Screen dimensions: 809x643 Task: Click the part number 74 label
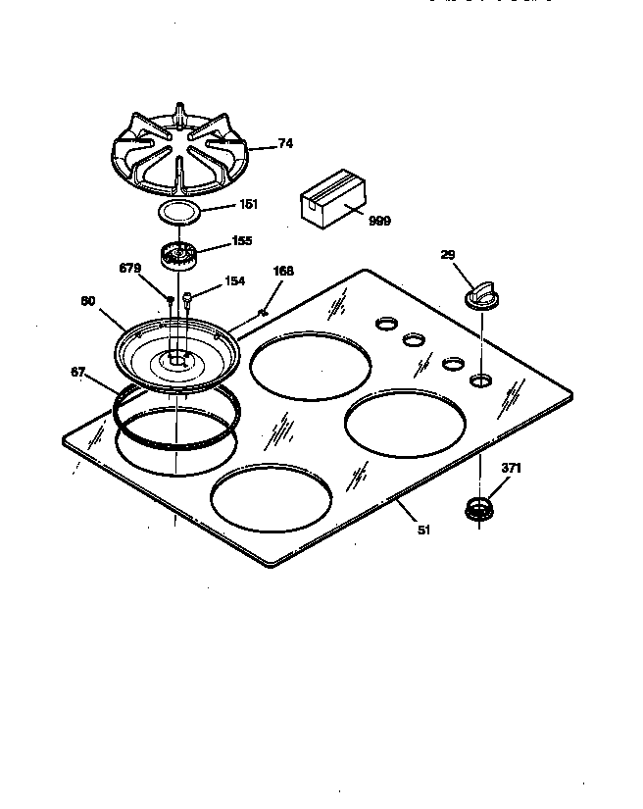click(x=285, y=143)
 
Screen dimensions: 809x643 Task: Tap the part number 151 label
click(x=249, y=205)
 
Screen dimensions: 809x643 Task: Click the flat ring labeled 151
click(x=178, y=211)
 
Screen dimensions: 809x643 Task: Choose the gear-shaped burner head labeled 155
click(x=177, y=257)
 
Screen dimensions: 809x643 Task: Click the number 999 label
click(x=379, y=222)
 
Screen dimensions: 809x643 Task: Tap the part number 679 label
click(x=130, y=268)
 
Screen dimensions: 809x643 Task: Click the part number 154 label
click(x=234, y=281)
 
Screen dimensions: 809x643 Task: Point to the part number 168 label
click(x=283, y=272)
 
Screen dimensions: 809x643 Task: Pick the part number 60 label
click(x=87, y=301)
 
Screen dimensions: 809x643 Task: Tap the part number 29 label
click(x=448, y=255)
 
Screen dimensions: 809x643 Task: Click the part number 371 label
click(x=511, y=469)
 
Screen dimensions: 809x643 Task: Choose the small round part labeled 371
click(x=478, y=508)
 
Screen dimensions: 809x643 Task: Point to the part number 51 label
click(x=423, y=531)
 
